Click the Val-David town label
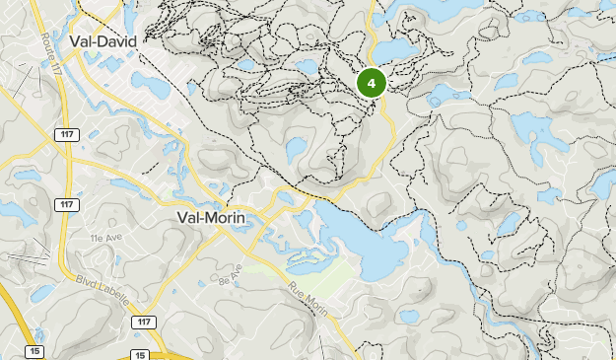[x=103, y=40]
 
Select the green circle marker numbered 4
[x=372, y=84]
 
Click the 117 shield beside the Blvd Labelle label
[x=144, y=323]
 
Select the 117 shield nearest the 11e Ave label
[x=66, y=204]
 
